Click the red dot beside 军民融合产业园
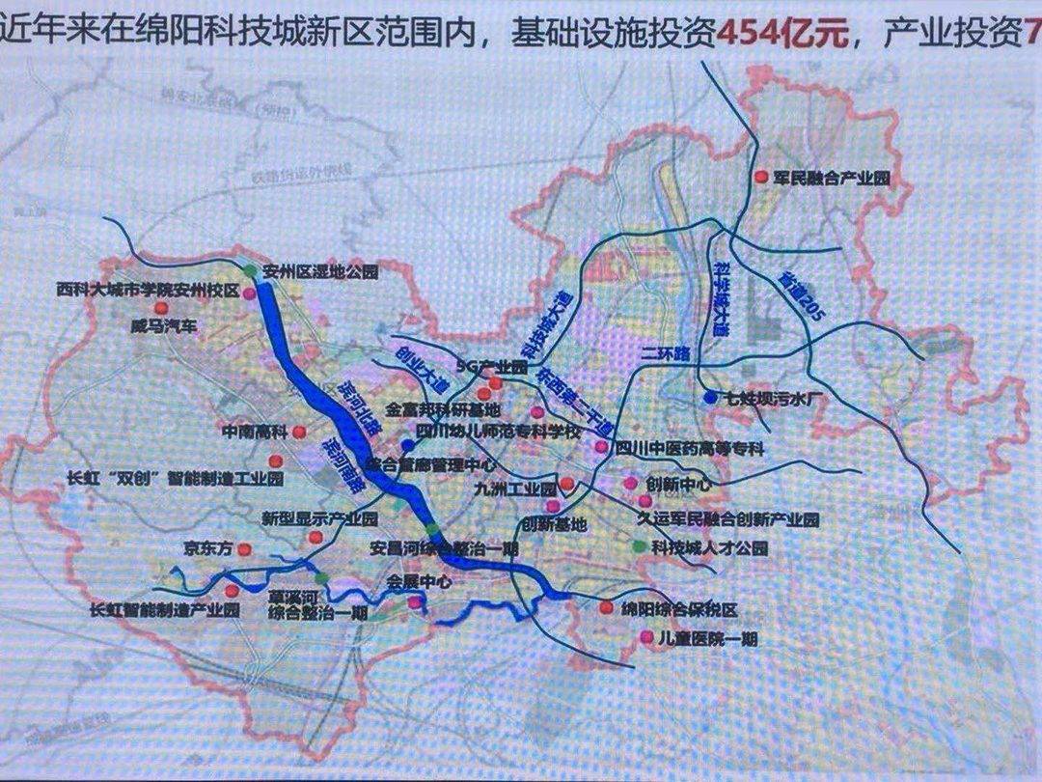[x=760, y=177]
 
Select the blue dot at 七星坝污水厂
[x=710, y=397]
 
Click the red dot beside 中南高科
[x=299, y=432]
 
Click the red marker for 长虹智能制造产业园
[x=231, y=591]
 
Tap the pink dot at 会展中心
[x=415, y=602]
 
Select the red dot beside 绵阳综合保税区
[x=606, y=608]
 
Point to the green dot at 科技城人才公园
[x=638, y=546]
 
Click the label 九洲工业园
[x=516, y=488]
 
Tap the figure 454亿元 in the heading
[x=782, y=35]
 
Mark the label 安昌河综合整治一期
[x=444, y=547]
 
